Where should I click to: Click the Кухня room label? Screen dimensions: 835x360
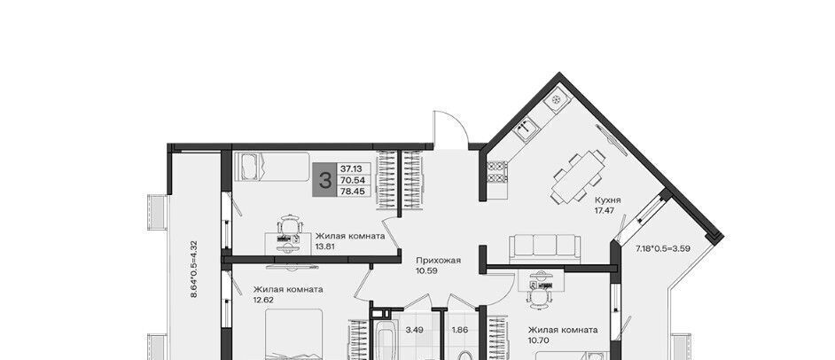pyautogui.click(x=607, y=200)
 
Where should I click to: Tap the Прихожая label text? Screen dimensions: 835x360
pyautogui.click(x=438, y=261)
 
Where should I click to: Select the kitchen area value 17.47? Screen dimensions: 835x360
pyautogui.click(x=605, y=210)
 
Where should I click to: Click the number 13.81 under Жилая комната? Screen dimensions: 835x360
pyautogui.click(x=326, y=247)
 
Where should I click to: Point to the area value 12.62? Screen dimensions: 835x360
pyautogui.click(x=264, y=300)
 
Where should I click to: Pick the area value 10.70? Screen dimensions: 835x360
pyautogui.click(x=539, y=340)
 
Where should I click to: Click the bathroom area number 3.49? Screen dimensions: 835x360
pyautogui.click(x=414, y=330)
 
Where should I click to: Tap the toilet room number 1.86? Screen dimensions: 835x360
pyautogui.click(x=460, y=330)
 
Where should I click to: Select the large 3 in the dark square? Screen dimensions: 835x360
pyautogui.click(x=324, y=180)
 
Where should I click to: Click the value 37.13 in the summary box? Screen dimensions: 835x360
pyautogui.click(x=352, y=169)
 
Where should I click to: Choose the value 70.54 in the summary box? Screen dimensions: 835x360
pyautogui.click(x=352, y=180)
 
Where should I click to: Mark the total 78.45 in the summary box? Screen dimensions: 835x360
pyautogui.click(x=352, y=191)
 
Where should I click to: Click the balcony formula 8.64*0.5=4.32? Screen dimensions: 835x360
pyautogui.click(x=194, y=269)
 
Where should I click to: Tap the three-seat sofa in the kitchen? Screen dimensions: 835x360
pyautogui.click(x=543, y=248)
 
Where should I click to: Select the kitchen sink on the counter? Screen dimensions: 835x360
pyautogui.click(x=527, y=129)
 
